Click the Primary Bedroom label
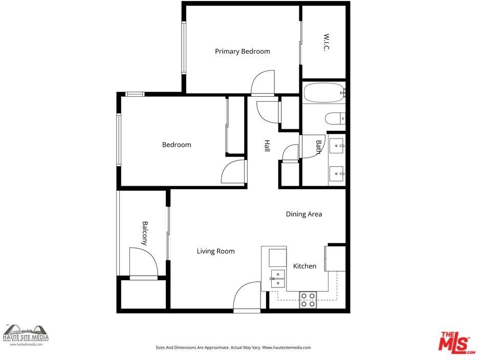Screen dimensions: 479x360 (242, 51)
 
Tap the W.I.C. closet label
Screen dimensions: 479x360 (326, 42)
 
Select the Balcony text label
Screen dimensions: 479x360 (145, 233)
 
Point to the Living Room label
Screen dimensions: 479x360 (215, 251)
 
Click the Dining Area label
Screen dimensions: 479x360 (304, 214)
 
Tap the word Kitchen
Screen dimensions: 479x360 (304, 266)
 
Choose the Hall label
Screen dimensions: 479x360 (267, 146)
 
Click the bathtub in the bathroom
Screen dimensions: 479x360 (324, 93)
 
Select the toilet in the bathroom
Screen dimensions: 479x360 (335, 119)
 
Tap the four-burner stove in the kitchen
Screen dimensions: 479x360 (308, 300)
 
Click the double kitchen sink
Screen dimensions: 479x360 (278, 279)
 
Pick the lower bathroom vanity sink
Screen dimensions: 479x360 (336, 174)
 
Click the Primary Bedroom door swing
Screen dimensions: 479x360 (263, 82)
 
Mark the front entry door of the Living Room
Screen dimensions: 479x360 (247, 297)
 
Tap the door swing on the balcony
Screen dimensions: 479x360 (143, 263)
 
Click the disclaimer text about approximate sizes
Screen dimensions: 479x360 (233, 348)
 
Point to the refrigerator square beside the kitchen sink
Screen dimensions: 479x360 (277, 257)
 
